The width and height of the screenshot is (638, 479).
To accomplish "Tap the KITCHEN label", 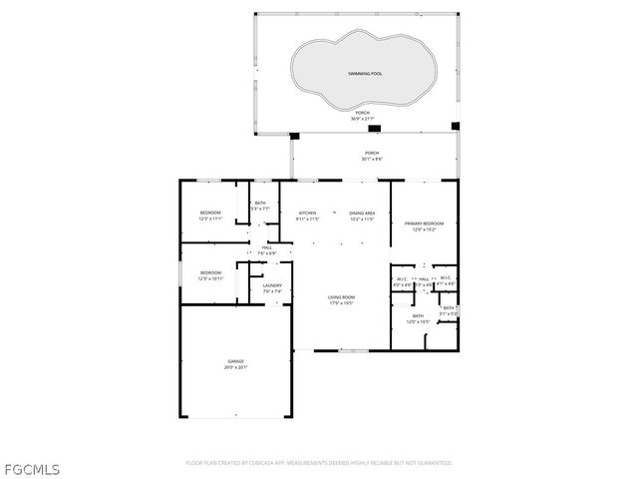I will [x=307, y=213].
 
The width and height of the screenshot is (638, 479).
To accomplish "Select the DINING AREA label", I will [x=362, y=213].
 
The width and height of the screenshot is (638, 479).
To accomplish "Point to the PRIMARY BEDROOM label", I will [x=425, y=224].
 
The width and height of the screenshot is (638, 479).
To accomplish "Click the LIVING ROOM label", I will [x=342, y=297].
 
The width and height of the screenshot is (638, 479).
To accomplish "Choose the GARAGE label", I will [x=235, y=361].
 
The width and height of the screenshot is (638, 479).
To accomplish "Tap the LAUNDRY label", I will [x=272, y=286].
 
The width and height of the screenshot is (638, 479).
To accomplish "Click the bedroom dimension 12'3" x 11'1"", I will [x=209, y=219].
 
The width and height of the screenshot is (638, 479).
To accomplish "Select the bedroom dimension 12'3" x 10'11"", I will [x=209, y=278].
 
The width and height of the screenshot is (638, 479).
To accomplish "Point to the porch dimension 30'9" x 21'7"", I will [x=362, y=120].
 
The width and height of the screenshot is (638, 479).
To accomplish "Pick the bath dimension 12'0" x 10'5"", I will [x=419, y=321].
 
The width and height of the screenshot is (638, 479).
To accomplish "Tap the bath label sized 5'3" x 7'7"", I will [x=260, y=204].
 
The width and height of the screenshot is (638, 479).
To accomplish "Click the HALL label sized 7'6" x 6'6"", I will [x=267, y=247].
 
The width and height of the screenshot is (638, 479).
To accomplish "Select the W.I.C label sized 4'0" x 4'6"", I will [x=402, y=278].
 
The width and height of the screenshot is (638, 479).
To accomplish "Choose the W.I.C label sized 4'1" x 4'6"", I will [x=447, y=278].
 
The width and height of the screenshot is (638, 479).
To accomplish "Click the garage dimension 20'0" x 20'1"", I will [x=235, y=367].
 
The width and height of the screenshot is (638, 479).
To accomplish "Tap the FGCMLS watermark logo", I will [x=31, y=467].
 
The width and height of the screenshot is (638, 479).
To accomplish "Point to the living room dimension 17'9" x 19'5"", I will [x=342, y=303].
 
